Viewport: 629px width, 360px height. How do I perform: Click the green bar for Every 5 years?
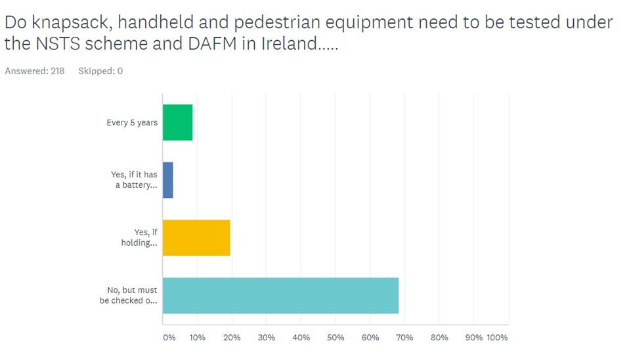click(177, 122)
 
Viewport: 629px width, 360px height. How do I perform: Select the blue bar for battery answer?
click(168, 180)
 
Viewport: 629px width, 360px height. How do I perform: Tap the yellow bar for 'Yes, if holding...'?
click(196, 237)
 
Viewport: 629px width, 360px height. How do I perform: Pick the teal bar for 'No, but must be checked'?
click(280, 295)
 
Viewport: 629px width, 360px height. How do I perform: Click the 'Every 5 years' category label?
click(132, 123)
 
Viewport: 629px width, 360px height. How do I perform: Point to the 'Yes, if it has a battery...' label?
click(134, 180)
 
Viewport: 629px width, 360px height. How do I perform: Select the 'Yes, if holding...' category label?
click(139, 237)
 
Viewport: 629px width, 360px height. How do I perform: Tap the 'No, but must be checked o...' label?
click(129, 296)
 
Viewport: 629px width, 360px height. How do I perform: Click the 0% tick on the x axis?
click(169, 338)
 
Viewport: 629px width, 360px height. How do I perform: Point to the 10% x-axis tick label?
click(197, 338)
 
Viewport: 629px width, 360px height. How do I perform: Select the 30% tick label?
click(266, 338)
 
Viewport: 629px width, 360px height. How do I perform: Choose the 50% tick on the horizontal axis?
click(336, 338)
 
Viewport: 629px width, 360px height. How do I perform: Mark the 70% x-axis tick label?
click(404, 338)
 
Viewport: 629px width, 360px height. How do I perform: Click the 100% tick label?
click(497, 338)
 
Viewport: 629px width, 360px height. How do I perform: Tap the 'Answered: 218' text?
click(35, 71)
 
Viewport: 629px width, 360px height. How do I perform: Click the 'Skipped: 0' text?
click(100, 71)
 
